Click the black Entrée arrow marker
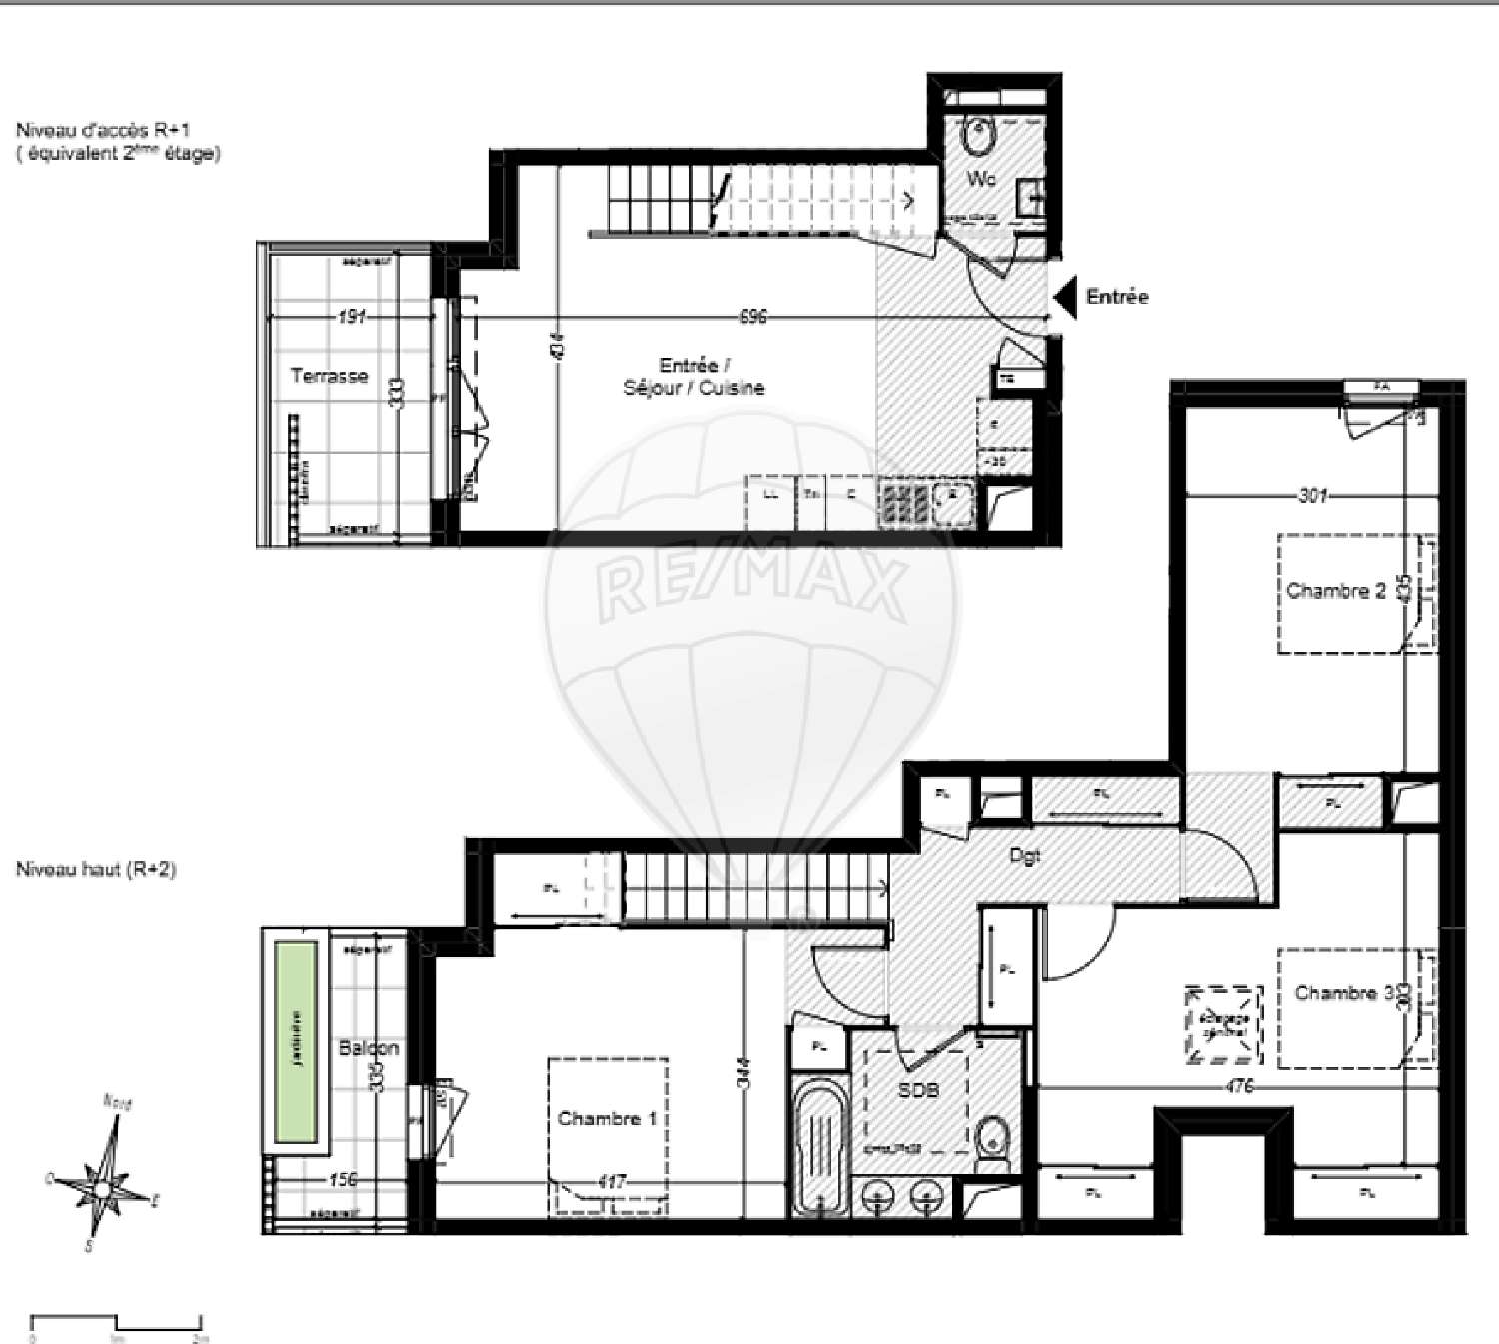[x=1066, y=297]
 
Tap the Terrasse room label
[x=329, y=376]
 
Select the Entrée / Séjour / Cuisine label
[x=694, y=377]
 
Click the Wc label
[x=981, y=180]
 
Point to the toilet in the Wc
[x=978, y=135]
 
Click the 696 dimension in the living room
[x=752, y=316]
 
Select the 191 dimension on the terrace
[x=351, y=317]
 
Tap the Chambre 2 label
[x=1336, y=591]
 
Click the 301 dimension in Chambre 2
[x=1312, y=495]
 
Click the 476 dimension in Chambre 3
[x=1238, y=1087]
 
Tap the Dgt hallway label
[x=1025, y=856]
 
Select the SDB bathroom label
[x=918, y=1091]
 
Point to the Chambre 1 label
[x=607, y=1119]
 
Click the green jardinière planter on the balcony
[x=297, y=1043]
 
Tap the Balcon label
[x=368, y=1048]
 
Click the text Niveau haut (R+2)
[x=96, y=869]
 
